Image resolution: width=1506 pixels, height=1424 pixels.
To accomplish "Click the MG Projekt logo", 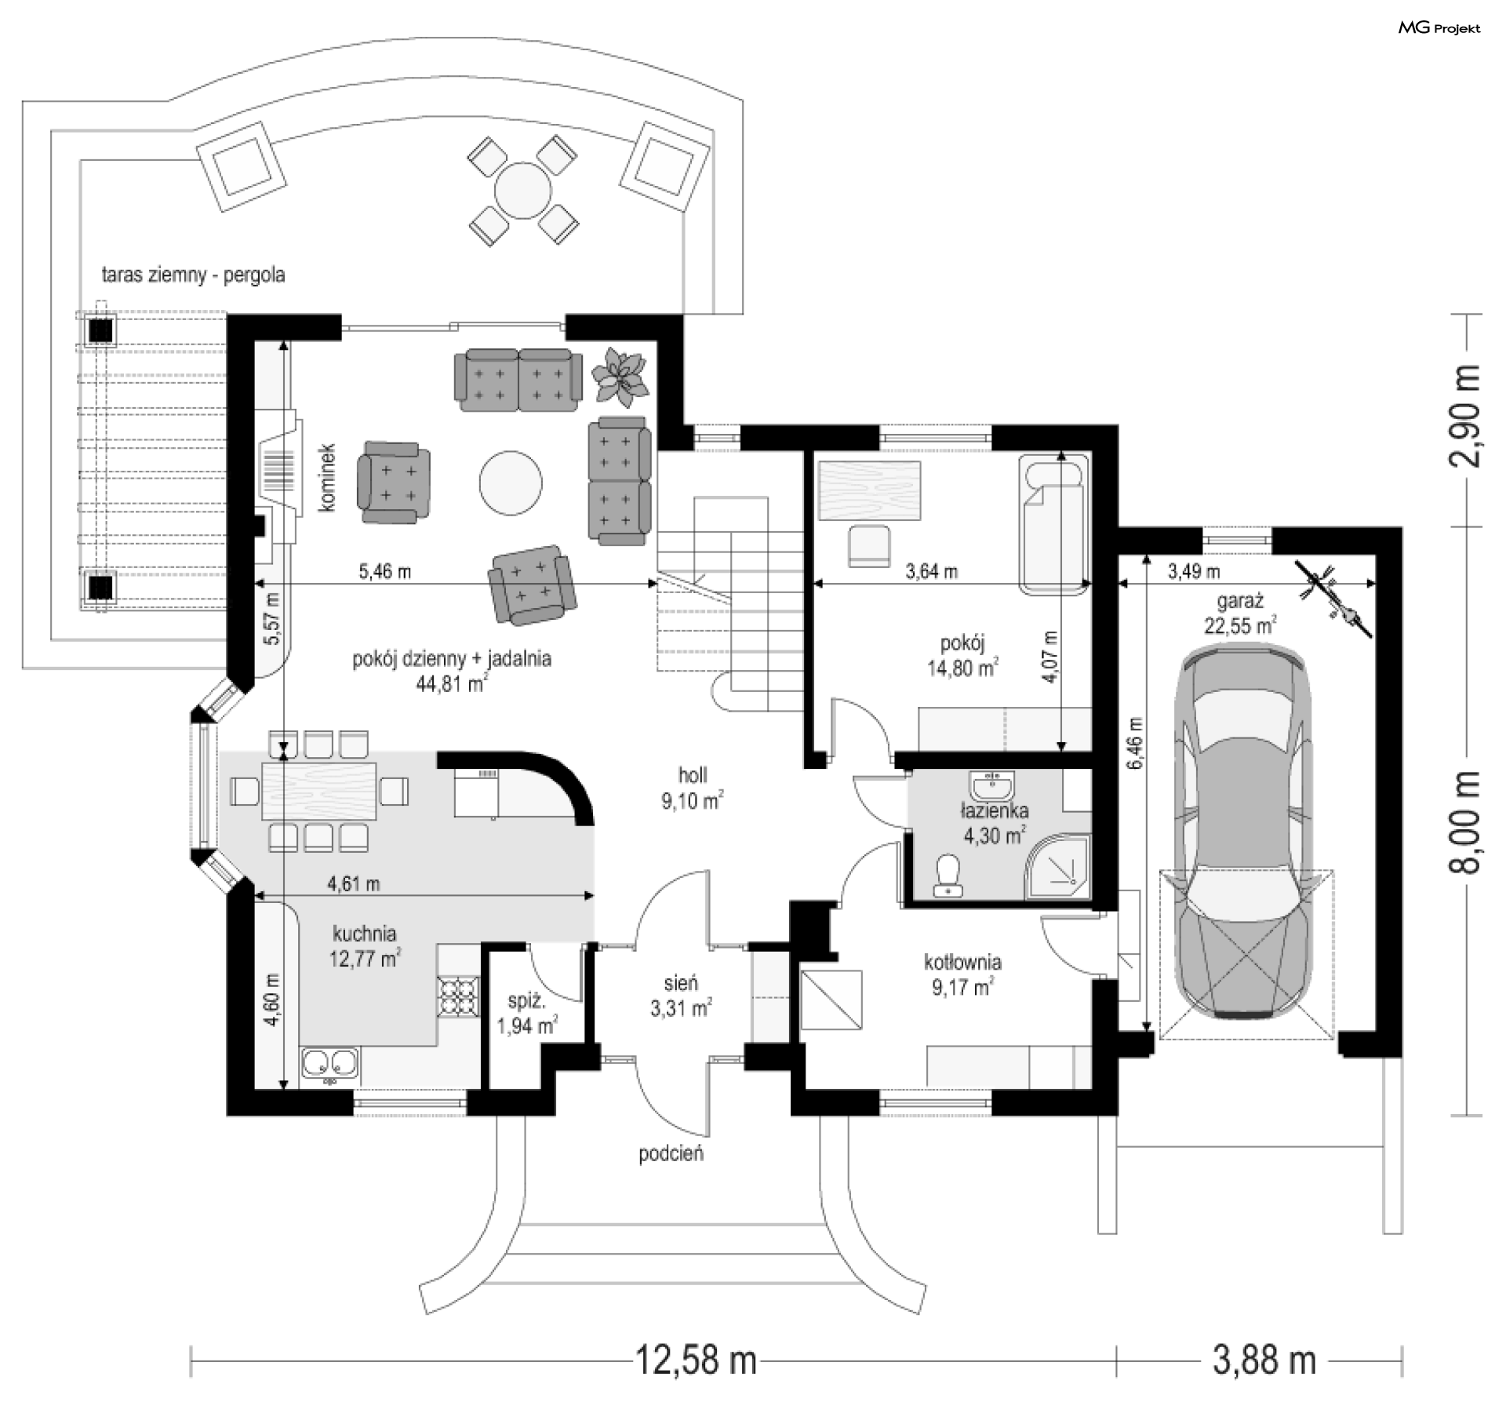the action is [1439, 28].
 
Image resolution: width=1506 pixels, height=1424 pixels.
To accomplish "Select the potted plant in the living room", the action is [620, 376].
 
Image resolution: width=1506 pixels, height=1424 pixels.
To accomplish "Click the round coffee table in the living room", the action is [511, 483].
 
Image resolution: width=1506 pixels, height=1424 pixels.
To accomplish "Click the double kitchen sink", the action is [329, 1065].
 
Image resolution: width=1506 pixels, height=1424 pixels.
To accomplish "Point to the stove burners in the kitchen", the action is [458, 996].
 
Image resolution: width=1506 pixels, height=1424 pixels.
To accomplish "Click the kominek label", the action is [327, 479].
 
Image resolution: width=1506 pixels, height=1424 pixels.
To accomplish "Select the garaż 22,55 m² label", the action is [1240, 613].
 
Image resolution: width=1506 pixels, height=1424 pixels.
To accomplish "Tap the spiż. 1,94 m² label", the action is [527, 1013].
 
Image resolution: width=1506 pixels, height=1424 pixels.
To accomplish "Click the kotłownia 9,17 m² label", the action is [962, 974].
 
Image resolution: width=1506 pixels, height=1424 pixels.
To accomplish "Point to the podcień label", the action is [671, 1153].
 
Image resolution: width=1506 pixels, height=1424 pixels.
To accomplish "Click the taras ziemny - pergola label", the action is [193, 275].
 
